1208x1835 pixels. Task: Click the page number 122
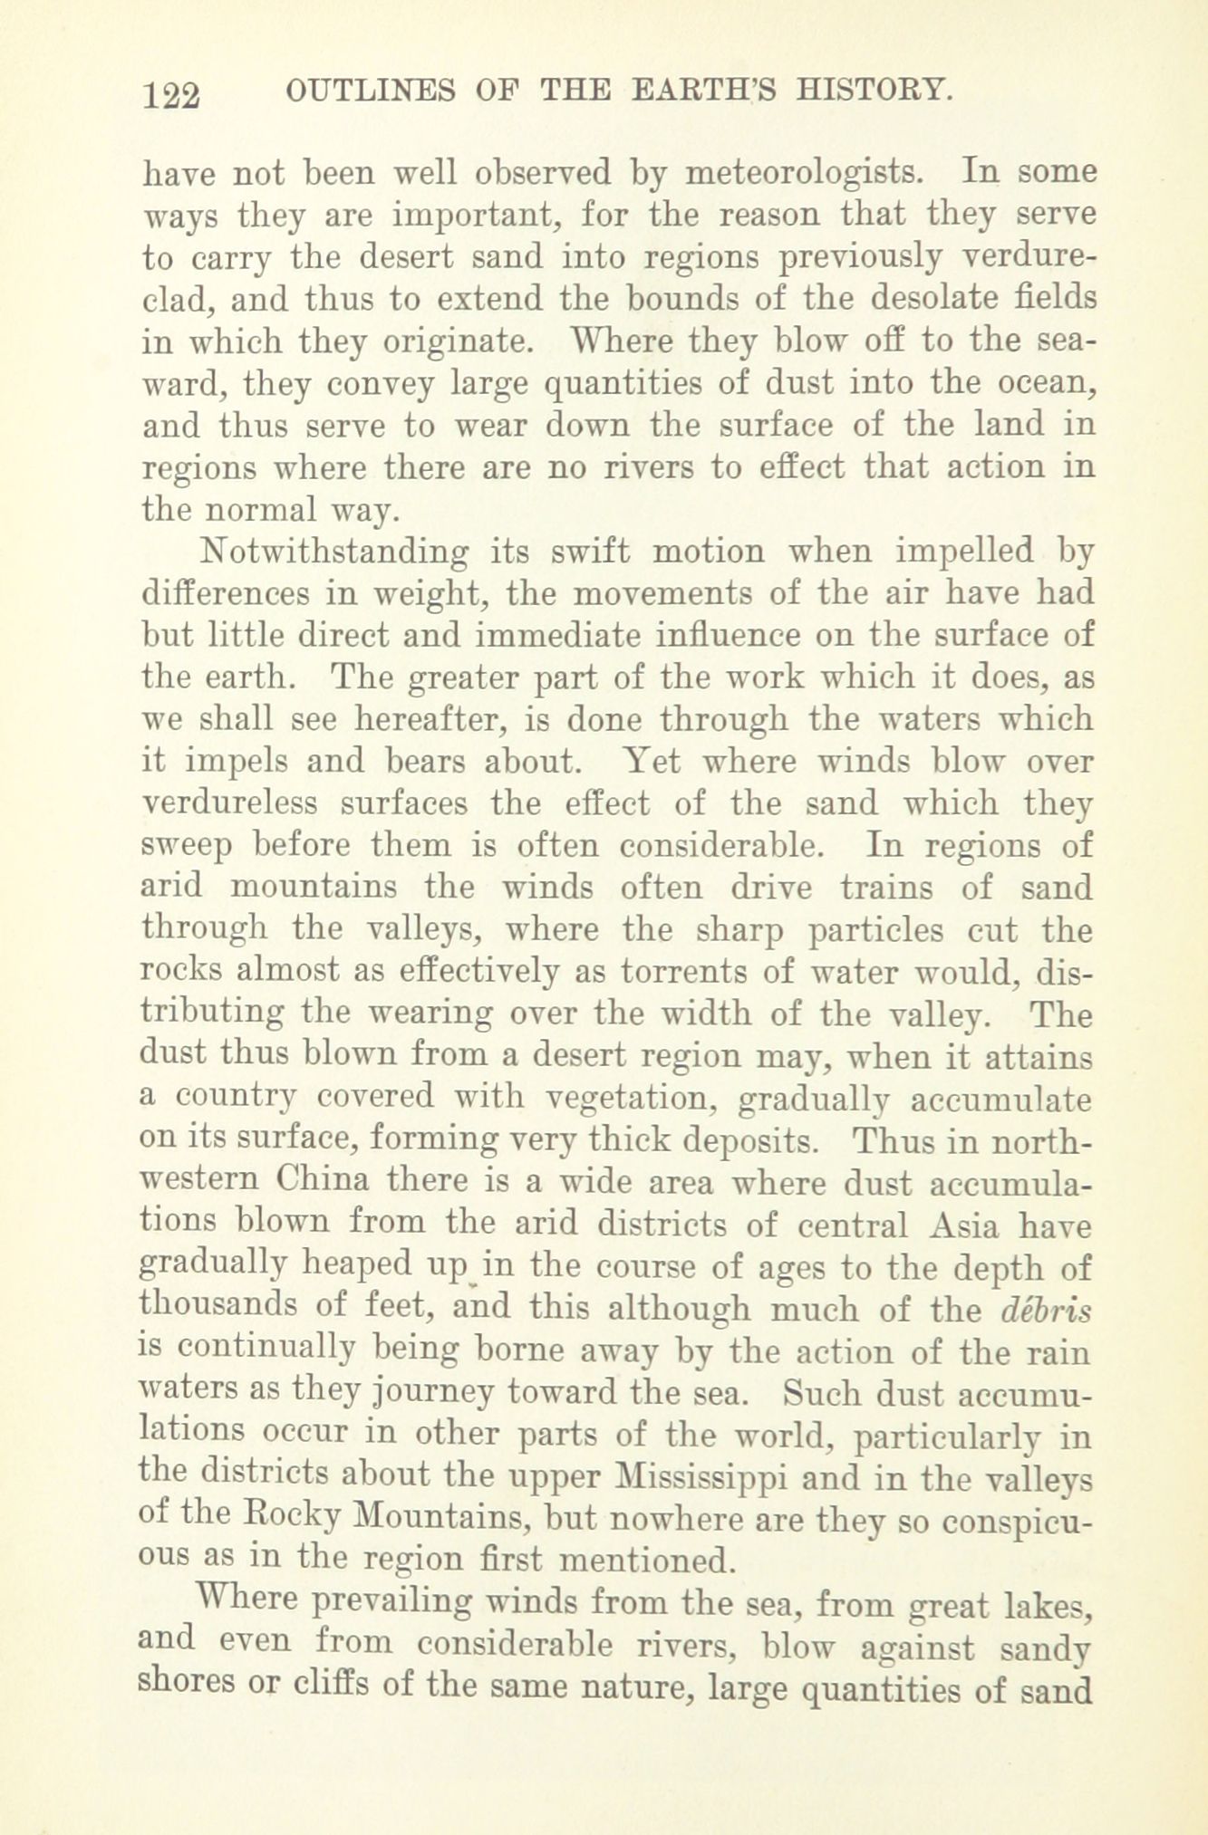[170, 93]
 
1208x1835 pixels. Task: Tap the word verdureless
[231, 803]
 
